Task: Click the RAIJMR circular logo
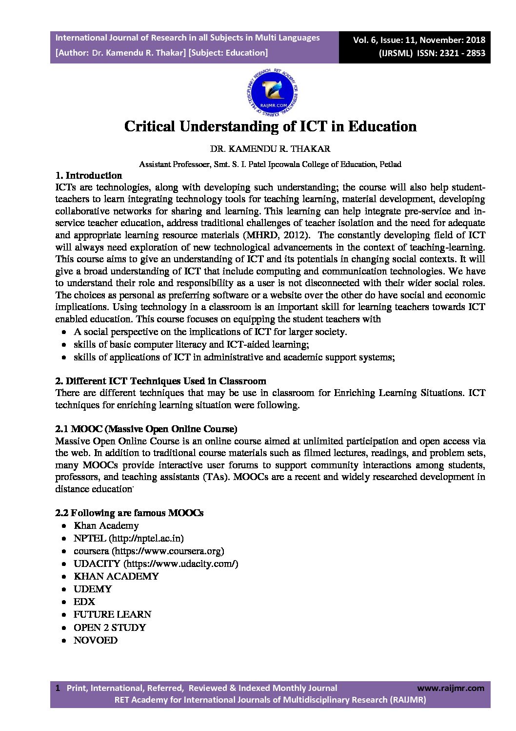point(272,91)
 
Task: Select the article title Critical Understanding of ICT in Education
point(270,126)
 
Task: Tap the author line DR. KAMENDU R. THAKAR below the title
point(270,149)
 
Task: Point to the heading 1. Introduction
point(88,175)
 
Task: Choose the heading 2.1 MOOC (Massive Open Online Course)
point(146,429)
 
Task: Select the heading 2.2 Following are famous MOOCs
point(129,513)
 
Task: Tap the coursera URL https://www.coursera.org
point(168,551)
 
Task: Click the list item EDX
point(84,602)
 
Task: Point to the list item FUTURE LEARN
point(112,614)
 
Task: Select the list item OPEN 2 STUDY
point(109,627)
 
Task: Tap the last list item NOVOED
point(95,640)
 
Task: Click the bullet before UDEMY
point(64,589)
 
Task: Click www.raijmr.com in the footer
point(451,688)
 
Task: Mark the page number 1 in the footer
point(58,688)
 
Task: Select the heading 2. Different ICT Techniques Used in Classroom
point(160,381)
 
